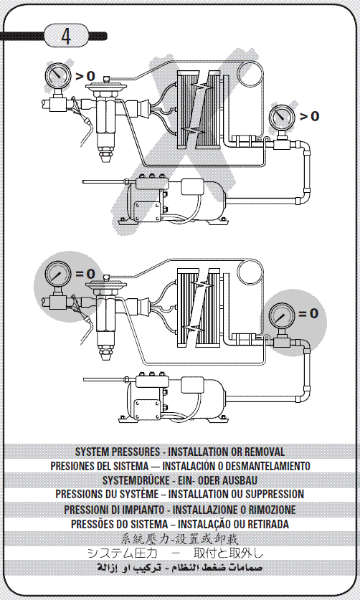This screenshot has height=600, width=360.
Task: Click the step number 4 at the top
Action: pos(66,37)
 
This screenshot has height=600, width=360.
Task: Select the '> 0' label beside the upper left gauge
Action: pos(85,75)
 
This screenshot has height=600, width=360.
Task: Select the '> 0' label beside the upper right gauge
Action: pos(309,116)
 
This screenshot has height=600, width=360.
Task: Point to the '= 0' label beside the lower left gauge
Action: pos(85,273)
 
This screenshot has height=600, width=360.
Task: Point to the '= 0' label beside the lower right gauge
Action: pos(308,313)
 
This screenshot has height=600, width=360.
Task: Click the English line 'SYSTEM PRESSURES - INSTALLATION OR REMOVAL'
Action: pos(179,452)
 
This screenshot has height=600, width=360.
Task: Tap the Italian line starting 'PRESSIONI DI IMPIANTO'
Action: pos(179,509)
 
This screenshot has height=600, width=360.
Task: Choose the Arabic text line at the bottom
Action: pos(179,568)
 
